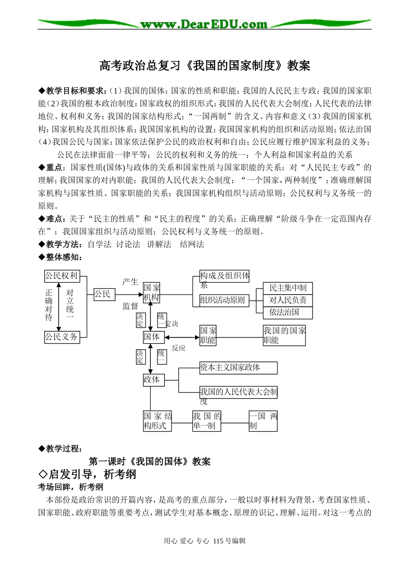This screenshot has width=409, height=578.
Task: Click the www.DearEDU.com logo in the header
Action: click(x=204, y=24)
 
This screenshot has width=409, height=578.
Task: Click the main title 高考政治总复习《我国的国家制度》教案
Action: click(x=204, y=65)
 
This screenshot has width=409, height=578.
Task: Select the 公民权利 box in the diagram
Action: click(x=62, y=276)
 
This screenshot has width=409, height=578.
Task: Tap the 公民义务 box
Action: click(x=62, y=337)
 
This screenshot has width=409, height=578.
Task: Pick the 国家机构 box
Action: click(x=152, y=292)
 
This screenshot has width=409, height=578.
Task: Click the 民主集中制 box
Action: click(x=288, y=288)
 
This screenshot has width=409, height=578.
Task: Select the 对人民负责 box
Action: click(x=288, y=300)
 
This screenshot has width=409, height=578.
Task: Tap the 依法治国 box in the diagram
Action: click(x=288, y=312)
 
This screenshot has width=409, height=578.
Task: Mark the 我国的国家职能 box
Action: click(x=284, y=335)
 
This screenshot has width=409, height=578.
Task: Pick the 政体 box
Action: click(x=154, y=380)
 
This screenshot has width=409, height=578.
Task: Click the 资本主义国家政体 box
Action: click(x=238, y=367)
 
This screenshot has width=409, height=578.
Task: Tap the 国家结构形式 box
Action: click(x=158, y=421)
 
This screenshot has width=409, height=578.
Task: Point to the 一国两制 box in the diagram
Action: click(x=263, y=421)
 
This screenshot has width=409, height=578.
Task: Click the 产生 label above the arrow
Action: click(x=130, y=282)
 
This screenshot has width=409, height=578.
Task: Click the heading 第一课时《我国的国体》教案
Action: click(x=150, y=462)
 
